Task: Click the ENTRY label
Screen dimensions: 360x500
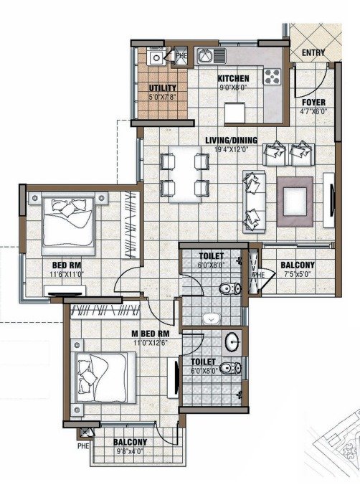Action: (313, 52)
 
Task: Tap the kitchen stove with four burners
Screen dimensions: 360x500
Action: (272, 77)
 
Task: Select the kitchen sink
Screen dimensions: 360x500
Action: (212, 56)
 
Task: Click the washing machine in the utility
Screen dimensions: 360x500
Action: (156, 57)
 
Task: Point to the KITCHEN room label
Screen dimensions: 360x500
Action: (233, 78)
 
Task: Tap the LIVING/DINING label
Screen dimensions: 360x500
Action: (231, 141)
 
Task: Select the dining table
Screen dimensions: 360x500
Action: (185, 174)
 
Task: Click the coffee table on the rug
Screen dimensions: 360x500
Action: (295, 202)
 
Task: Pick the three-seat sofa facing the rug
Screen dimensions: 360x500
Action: (254, 202)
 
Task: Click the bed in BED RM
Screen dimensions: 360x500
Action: (68, 223)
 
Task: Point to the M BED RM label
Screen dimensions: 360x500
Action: (151, 334)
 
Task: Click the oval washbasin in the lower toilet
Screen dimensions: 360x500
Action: (232, 341)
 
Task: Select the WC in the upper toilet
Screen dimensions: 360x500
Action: (230, 288)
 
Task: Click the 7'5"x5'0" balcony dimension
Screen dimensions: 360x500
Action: (297, 273)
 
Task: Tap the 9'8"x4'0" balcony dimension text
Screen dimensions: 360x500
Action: (130, 451)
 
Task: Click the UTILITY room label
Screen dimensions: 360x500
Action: (163, 88)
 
